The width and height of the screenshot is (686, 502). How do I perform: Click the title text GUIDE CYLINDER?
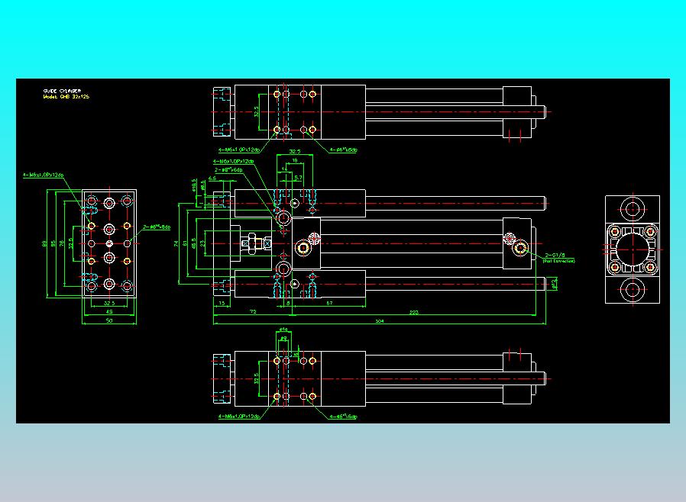[62, 91]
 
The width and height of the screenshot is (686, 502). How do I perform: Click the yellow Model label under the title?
[65, 97]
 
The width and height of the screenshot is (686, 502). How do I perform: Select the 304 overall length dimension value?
[380, 321]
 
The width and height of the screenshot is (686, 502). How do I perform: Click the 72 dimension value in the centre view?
[252, 312]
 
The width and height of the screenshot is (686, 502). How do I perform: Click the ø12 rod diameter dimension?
[555, 284]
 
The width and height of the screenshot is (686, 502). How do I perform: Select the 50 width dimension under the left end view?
[108, 321]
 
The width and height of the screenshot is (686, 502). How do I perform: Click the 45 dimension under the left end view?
[108, 312]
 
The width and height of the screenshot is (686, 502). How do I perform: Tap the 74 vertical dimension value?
[176, 243]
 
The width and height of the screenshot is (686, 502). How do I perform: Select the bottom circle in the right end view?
[632, 290]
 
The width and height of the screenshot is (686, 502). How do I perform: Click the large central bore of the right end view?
[632, 249]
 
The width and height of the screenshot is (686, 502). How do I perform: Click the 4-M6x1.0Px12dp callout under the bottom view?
[239, 417]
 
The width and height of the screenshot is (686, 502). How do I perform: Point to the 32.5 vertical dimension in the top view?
[257, 111]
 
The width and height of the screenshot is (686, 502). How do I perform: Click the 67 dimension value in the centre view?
[328, 303]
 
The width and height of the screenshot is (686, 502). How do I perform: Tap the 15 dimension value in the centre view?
[222, 303]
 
